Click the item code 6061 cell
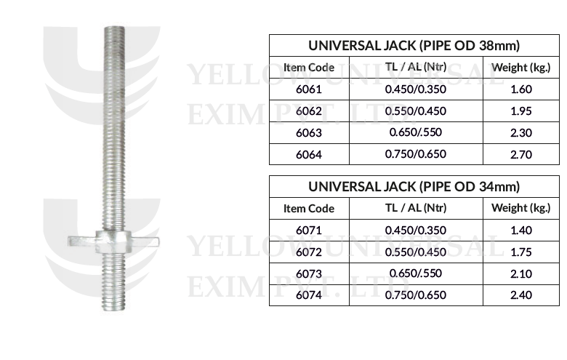point(309,89)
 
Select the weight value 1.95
point(520,111)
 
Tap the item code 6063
point(309,133)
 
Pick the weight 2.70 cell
point(521,154)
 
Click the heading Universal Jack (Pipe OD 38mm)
point(414,46)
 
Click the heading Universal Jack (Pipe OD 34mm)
point(414,187)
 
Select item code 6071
point(309,230)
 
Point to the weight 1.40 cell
point(521,230)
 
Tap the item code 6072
point(309,252)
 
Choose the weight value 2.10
point(520,273)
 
